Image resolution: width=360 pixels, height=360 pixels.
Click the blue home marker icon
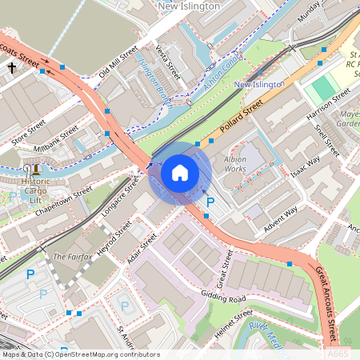180,172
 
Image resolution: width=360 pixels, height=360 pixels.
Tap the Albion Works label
236,164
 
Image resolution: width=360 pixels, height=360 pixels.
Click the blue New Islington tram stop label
259,84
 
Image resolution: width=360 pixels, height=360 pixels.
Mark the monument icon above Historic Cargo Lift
35,169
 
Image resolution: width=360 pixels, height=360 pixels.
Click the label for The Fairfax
70,257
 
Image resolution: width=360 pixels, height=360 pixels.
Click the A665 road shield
337,353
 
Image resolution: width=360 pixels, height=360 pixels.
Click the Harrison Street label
328,106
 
